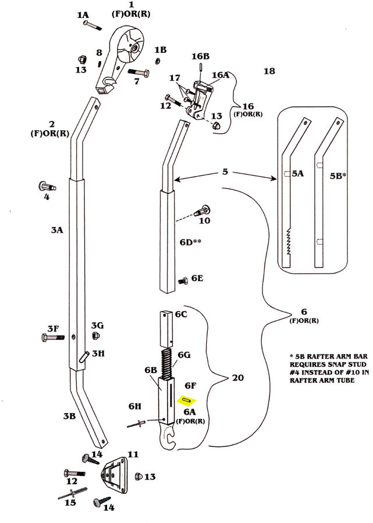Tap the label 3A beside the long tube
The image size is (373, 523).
coord(56,230)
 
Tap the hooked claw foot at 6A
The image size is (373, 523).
coord(168,435)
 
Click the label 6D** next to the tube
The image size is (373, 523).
coord(189,242)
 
